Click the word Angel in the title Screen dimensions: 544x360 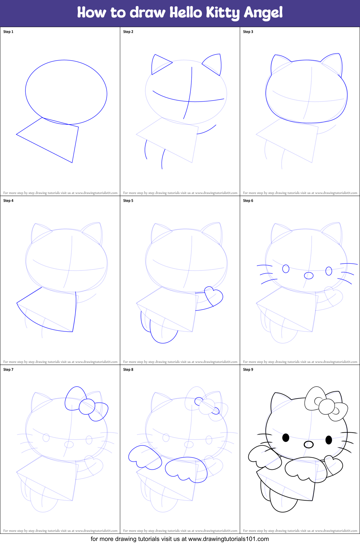pyautogui.click(x=263, y=13)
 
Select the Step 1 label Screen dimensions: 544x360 pyautogui.click(x=8, y=32)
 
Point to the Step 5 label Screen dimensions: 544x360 pyautogui.click(x=128, y=201)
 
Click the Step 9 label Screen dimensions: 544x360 pyautogui.click(x=248, y=370)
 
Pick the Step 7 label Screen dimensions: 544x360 pyautogui.click(x=8, y=370)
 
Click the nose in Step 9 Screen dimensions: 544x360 pyautogui.click(x=309, y=444)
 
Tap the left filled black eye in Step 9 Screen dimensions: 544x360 pyautogui.click(x=286, y=438)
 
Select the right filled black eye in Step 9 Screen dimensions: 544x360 pyautogui.click(x=329, y=440)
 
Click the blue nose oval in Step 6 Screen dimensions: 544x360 pyautogui.click(x=309, y=276)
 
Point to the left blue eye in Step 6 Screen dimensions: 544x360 pyautogui.click(x=286, y=269)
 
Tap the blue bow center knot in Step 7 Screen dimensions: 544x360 pyautogui.click(x=87, y=407)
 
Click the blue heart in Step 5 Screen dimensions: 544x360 pyautogui.click(x=214, y=296)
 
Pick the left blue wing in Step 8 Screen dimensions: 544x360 pyautogui.click(x=144, y=457)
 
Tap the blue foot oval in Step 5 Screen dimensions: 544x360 pyautogui.click(x=163, y=333)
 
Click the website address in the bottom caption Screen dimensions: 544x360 pyautogui.click(x=228, y=539)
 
